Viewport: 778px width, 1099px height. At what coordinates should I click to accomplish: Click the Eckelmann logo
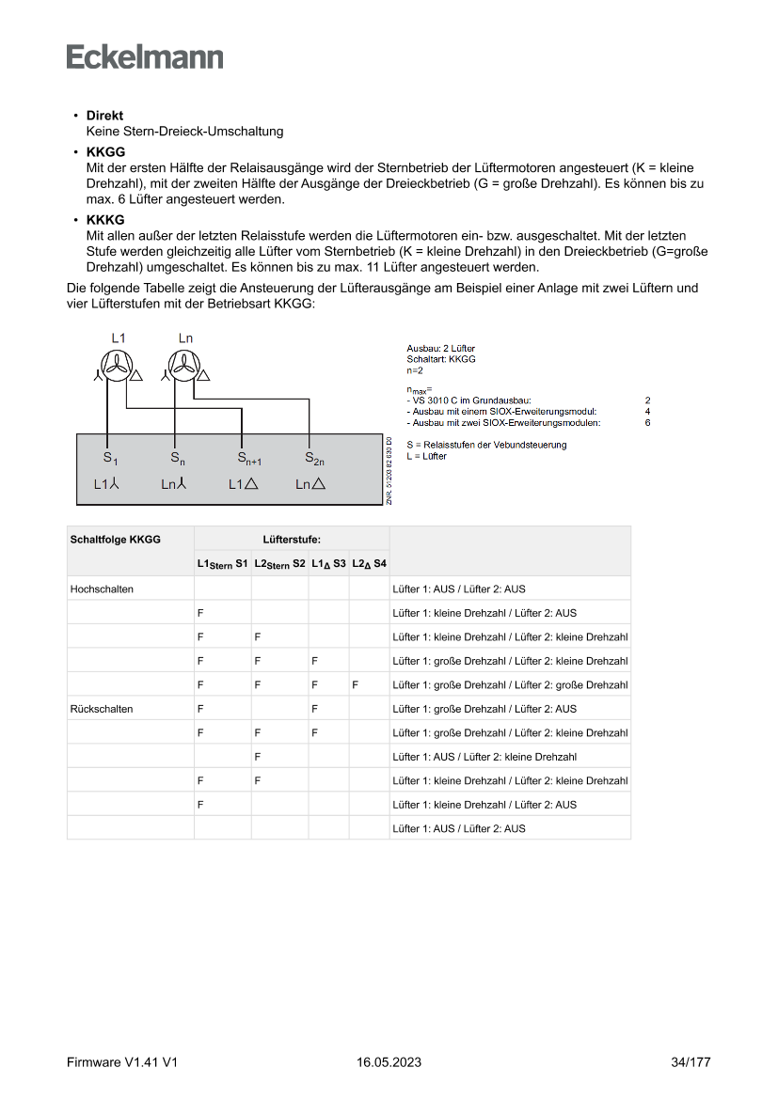click(x=145, y=56)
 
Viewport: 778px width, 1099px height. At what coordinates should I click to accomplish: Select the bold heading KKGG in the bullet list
click(x=105, y=151)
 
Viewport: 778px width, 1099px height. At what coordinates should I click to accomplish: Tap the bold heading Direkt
click(x=104, y=116)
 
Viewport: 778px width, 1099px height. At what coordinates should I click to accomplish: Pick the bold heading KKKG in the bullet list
click(x=105, y=220)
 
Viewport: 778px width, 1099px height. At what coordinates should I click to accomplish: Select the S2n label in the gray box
click(x=314, y=459)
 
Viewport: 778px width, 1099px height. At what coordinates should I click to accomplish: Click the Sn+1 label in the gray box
click(x=248, y=459)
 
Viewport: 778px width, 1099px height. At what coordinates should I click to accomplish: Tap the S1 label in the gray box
click(x=110, y=459)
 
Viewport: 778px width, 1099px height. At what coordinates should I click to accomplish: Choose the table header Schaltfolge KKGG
click(x=116, y=540)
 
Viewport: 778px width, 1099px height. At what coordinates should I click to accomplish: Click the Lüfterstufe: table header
click(x=292, y=540)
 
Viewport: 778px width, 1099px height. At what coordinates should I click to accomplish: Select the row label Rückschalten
click(x=102, y=709)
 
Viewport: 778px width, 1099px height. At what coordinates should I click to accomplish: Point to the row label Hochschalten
click(x=102, y=589)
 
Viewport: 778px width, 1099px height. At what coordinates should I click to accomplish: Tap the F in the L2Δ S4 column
click(x=356, y=685)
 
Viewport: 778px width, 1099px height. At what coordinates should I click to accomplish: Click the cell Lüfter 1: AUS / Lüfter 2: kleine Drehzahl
click(x=484, y=757)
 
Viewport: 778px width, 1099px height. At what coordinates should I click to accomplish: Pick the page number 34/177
click(x=691, y=1062)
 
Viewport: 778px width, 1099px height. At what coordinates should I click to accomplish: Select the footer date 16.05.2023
click(x=389, y=1062)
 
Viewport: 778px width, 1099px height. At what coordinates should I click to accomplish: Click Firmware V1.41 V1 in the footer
click(x=122, y=1062)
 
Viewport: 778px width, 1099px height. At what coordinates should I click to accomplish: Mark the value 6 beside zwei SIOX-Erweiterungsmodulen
click(x=647, y=423)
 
